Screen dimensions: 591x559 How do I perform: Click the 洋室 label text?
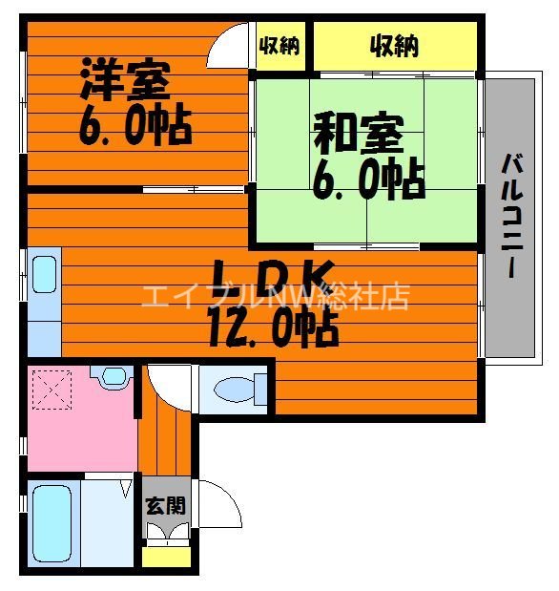(125, 81)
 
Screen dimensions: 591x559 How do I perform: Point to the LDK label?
(271, 278)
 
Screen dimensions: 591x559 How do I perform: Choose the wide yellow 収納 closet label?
(395, 46)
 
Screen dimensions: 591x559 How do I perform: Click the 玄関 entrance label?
(165, 506)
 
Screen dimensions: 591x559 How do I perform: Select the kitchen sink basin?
(44, 273)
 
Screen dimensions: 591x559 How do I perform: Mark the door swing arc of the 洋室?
(229, 43)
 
